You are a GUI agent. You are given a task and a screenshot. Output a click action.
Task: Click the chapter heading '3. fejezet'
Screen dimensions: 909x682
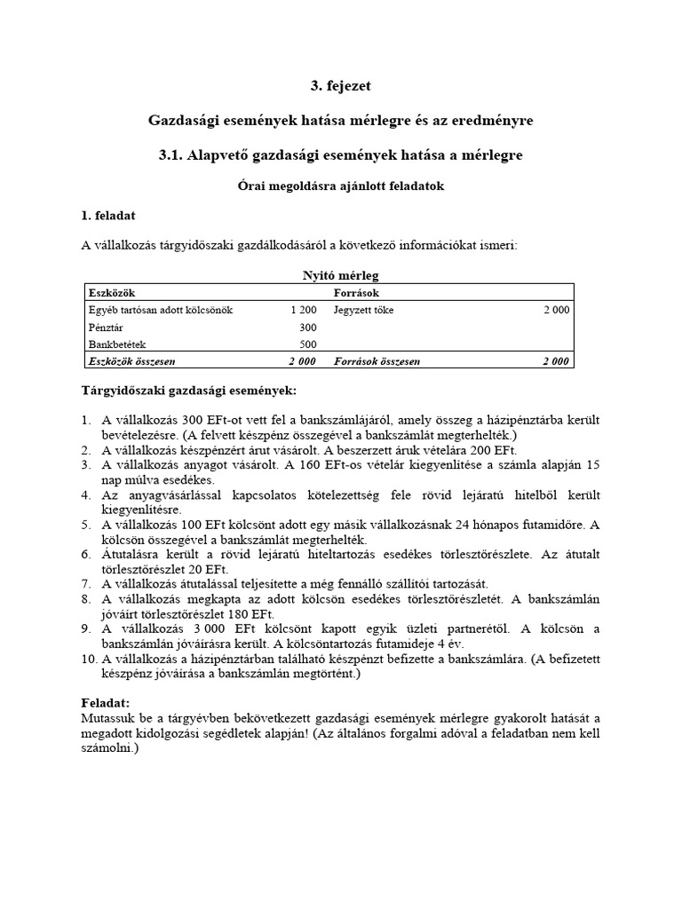tap(341, 86)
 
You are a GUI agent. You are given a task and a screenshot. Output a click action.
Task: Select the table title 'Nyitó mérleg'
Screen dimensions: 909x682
tap(341, 276)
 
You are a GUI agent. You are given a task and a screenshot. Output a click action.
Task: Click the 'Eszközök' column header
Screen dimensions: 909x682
tap(112, 292)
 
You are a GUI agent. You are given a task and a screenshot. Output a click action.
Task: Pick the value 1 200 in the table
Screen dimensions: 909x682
tap(303, 311)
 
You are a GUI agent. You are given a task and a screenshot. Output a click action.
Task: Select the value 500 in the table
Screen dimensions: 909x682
tap(307, 344)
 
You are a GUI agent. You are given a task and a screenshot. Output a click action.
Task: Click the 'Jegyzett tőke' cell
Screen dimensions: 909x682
tap(363, 311)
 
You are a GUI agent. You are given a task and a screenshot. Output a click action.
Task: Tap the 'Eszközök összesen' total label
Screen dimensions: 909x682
tap(131, 362)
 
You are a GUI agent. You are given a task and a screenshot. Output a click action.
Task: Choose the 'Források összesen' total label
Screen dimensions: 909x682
tap(377, 362)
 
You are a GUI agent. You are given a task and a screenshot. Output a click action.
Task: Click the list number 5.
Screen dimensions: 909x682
tap(87, 525)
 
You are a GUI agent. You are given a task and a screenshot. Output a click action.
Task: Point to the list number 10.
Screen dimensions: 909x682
tap(90, 659)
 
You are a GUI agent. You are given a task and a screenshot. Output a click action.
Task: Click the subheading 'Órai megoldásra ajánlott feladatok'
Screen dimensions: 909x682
tap(341, 186)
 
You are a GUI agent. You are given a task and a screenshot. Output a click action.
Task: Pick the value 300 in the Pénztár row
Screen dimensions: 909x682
tap(307, 328)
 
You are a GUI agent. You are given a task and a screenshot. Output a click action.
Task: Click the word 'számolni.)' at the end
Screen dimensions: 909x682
tap(111, 748)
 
